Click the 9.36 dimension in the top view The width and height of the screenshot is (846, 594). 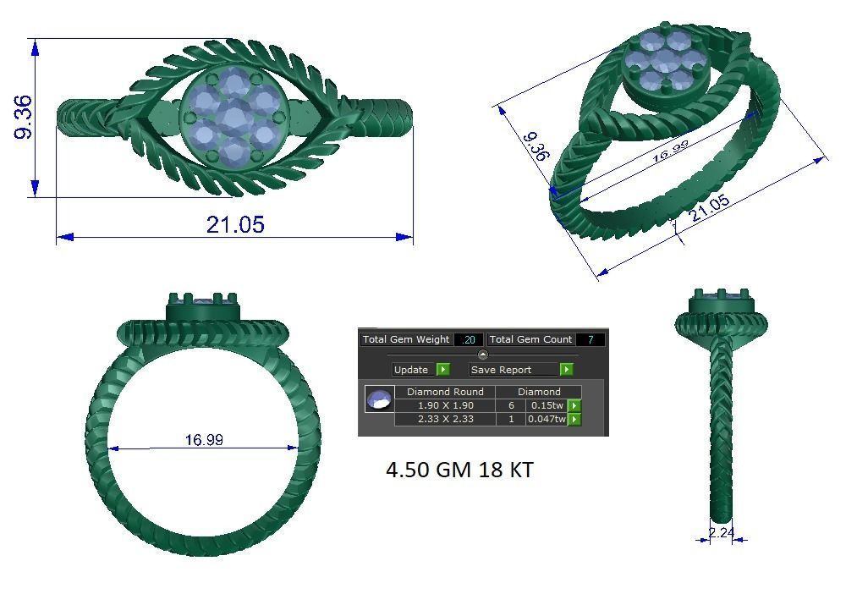click(23, 117)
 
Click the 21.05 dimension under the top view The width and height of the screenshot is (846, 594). click(235, 224)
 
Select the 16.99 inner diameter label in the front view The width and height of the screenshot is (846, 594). click(204, 440)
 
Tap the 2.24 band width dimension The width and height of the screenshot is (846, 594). click(722, 533)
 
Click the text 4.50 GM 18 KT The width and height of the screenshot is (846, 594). click(459, 470)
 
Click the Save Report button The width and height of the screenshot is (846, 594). click(502, 370)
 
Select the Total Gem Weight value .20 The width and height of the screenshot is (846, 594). click(468, 339)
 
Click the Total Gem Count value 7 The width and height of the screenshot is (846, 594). click(590, 339)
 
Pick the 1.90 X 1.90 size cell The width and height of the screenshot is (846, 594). click(445, 405)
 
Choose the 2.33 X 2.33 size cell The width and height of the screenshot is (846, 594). click(445, 419)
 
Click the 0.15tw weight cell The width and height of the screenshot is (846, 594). click(547, 405)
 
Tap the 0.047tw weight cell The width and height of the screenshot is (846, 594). click(547, 419)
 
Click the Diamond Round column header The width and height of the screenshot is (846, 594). click(445, 392)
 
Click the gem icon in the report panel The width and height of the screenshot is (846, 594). click(379, 399)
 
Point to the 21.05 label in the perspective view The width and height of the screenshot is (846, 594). click(709, 208)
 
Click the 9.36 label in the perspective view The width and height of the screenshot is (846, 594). click(535, 146)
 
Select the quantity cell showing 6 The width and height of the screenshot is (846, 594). click(511, 405)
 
